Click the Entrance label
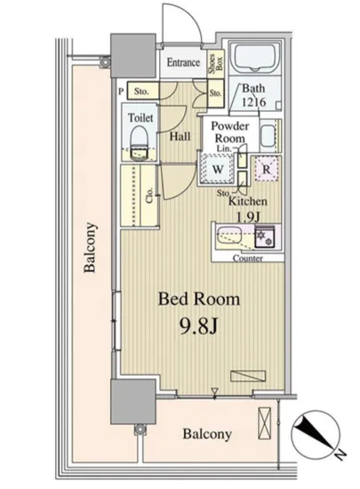[183, 62]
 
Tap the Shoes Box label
[216, 64]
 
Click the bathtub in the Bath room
[255, 57]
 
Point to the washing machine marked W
[218, 169]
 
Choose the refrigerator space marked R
[266, 169]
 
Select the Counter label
[248, 258]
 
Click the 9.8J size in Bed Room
[198, 326]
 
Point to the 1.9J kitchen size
[248, 216]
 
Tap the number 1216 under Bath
[254, 102]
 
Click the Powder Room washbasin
[268, 136]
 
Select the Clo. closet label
[149, 196]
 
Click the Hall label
[180, 136]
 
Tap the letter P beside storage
[121, 92]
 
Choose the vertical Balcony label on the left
[90, 247]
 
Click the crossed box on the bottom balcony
[264, 423]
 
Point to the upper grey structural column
[133, 55]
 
